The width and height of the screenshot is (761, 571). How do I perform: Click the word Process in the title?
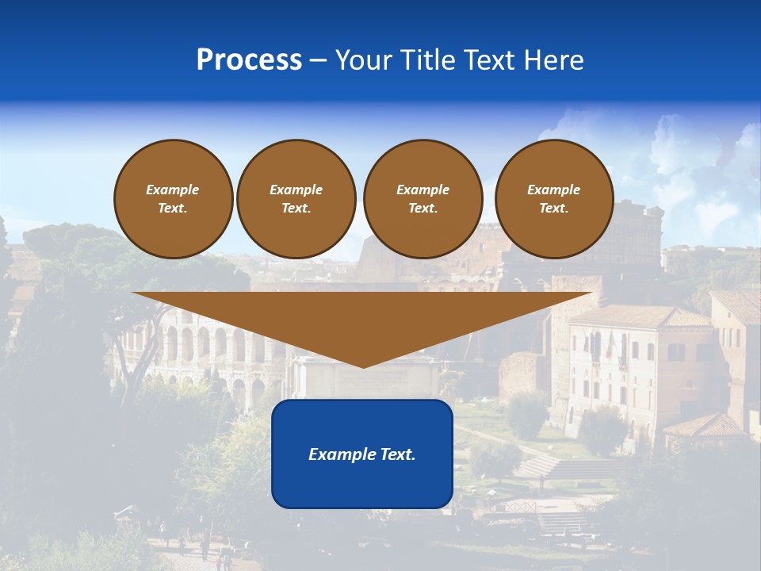[249, 60]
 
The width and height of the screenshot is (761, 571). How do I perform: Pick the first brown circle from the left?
[173, 199]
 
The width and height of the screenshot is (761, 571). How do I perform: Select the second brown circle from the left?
[296, 199]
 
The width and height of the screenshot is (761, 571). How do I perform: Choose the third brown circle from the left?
[423, 199]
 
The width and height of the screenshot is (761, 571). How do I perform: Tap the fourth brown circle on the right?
[554, 199]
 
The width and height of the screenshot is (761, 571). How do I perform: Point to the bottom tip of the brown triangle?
[363, 366]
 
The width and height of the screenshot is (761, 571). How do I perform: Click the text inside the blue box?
[362, 454]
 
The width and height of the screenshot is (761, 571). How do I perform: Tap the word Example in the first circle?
[173, 190]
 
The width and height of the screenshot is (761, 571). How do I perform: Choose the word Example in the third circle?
[423, 190]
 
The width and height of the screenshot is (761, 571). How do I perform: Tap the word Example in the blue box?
[338, 454]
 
